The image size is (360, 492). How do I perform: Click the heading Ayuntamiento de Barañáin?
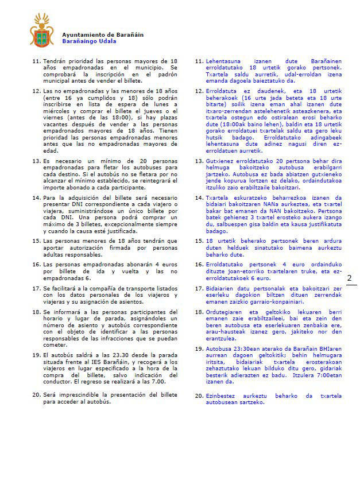pyautogui.click(x=103, y=34)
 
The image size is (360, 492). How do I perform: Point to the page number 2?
pyautogui.click(x=349, y=278)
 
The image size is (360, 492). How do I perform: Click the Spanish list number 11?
pyautogui.click(x=36, y=61)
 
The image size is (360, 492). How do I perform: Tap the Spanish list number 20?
pyautogui.click(x=36, y=395)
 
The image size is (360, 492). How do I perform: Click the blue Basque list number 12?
pyautogui.click(x=200, y=91)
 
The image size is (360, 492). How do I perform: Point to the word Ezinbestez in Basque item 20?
pyautogui.click(x=220, y=396)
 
